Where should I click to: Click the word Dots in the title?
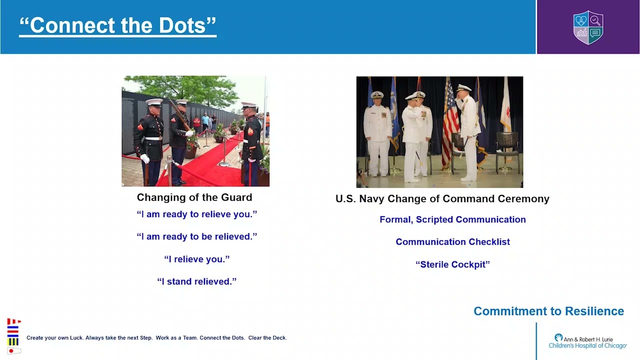tap(182, 25)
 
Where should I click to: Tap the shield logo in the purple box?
tap(588, 27)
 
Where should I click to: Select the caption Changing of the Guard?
tap(194, 197)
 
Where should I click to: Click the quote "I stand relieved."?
tap(197, 281)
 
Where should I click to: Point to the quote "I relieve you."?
tap(197, 259)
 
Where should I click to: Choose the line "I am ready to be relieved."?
tap(197, 236)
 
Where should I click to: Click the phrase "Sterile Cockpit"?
tap(452, 264)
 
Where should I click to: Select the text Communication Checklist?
tap(452, 241)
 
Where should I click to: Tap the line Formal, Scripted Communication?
tap(452, 219)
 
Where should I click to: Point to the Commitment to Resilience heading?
tap(548, 311)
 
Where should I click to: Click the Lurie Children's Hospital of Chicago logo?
tap(587, 341)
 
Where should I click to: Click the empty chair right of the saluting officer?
tap(507, 151)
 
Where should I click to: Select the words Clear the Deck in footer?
tap(267, 337)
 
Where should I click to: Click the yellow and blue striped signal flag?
tap(13, 341)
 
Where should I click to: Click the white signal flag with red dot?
tap(14, 351)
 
